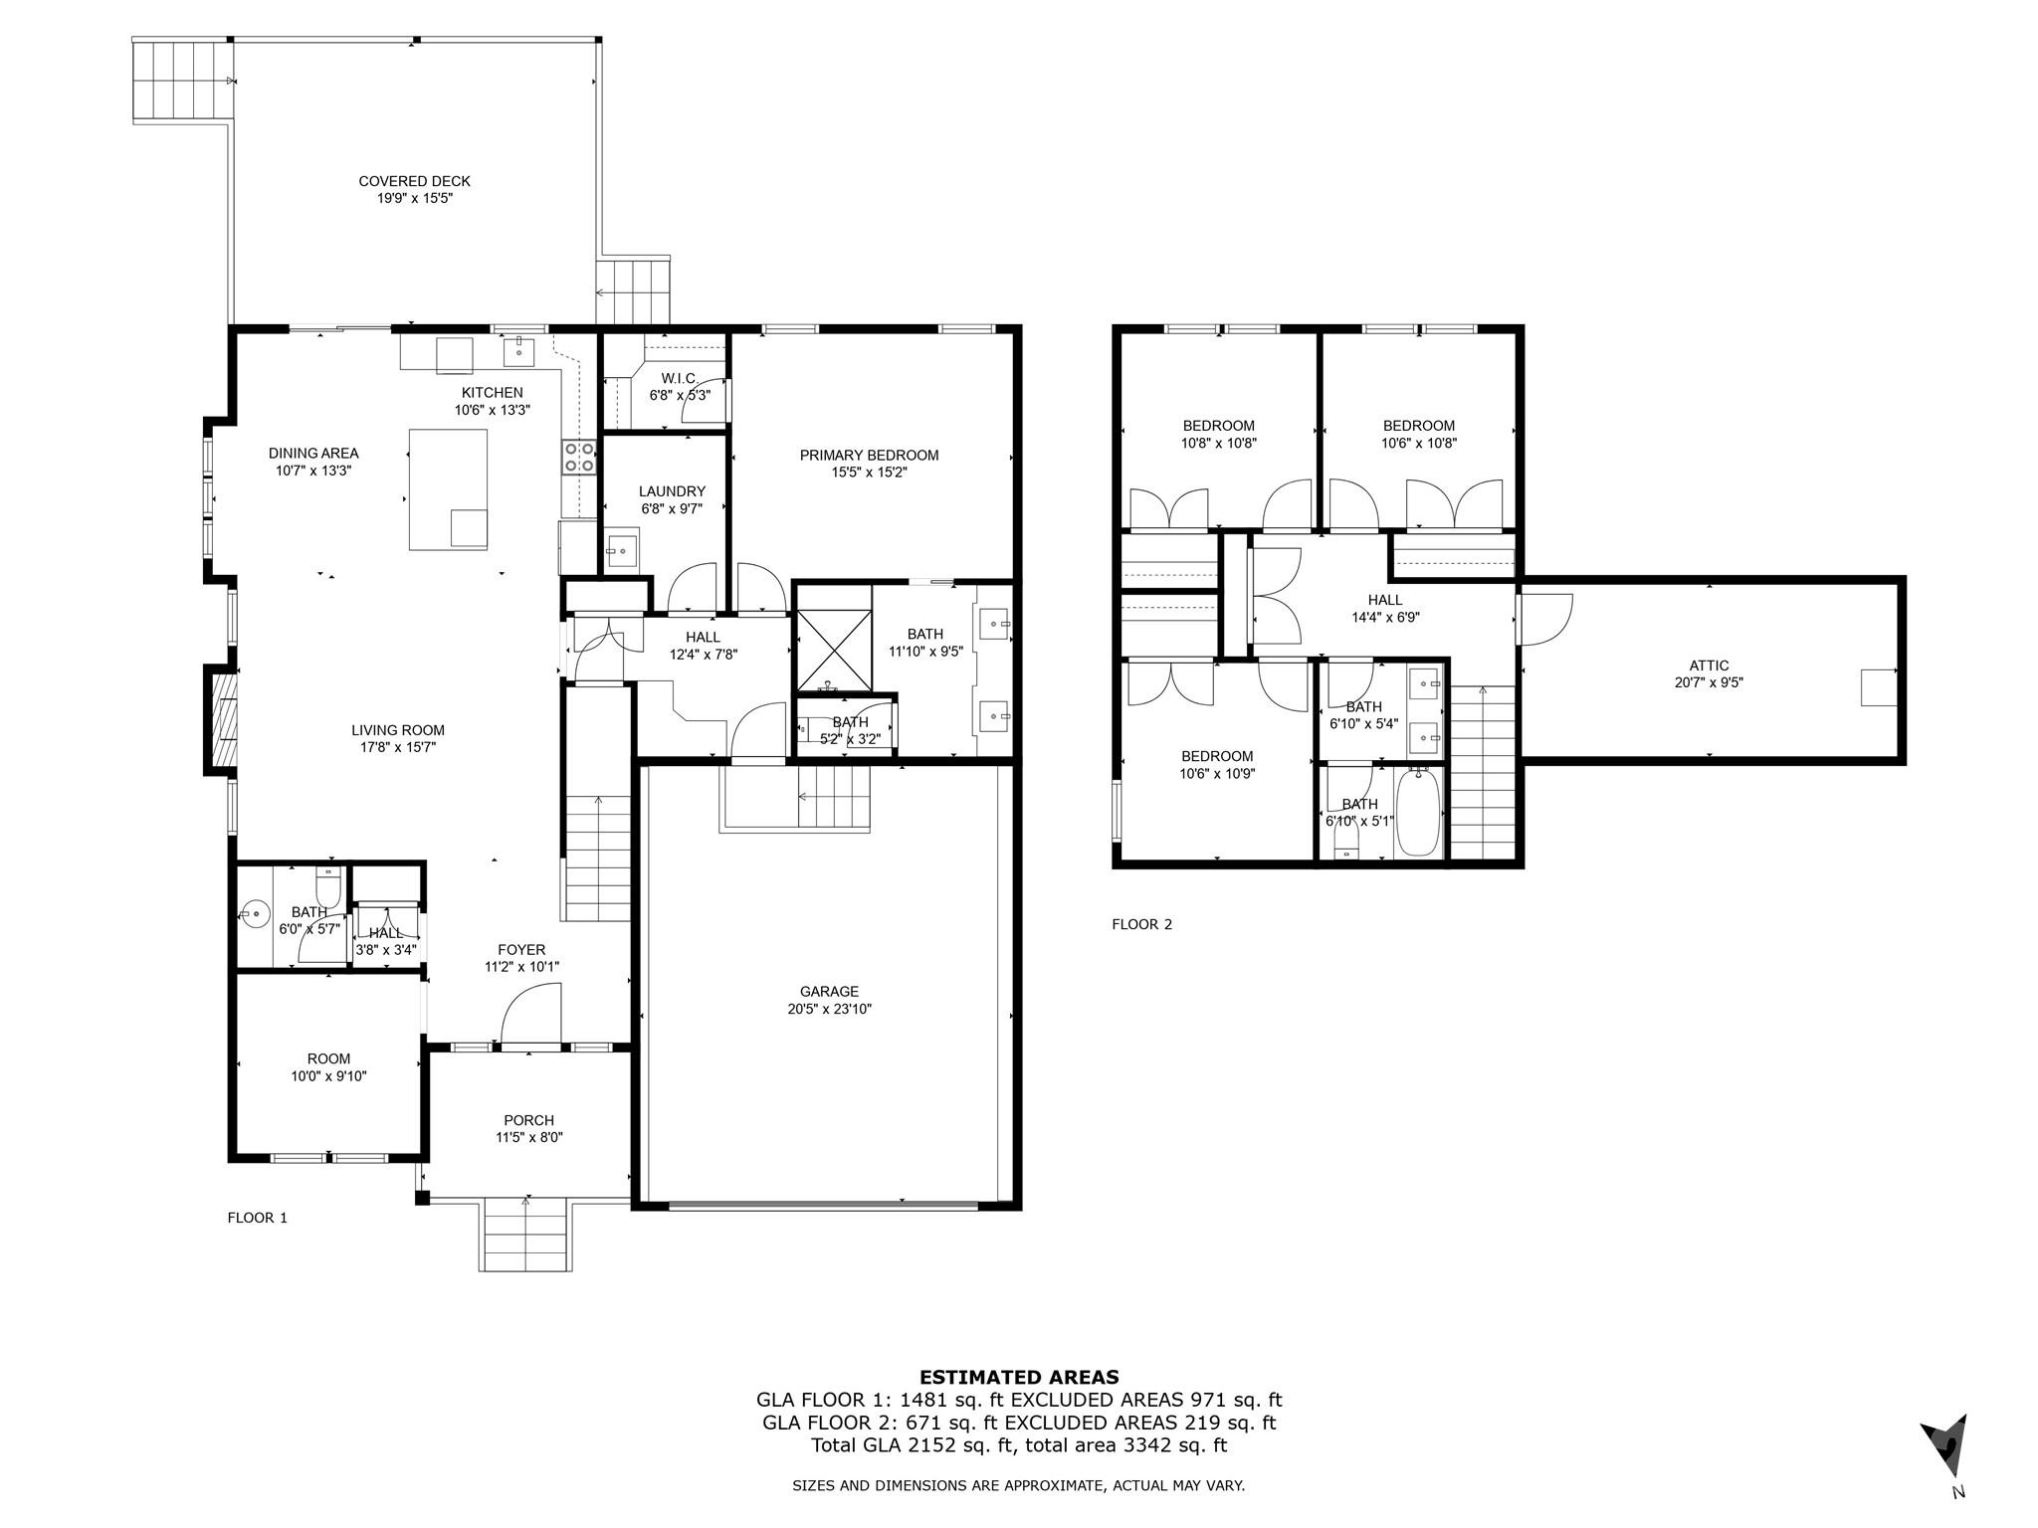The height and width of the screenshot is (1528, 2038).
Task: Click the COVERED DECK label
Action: point(414,181)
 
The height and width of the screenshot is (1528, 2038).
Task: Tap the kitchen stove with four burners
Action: point(579,457)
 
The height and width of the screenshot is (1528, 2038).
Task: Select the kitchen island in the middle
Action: point(449,488)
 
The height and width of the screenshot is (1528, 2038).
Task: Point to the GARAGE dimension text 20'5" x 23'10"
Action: point(829,1008)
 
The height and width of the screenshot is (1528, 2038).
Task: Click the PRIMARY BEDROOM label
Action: point(869,456)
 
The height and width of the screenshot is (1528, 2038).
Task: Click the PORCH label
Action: point(528,1120)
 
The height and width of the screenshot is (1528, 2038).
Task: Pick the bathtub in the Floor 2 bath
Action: point(1418,814)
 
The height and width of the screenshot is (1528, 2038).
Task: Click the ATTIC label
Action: point(1709,666)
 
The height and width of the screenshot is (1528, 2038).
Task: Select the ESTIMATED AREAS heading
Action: point(1018,1378)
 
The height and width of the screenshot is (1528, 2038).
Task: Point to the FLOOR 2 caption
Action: point(1141,924)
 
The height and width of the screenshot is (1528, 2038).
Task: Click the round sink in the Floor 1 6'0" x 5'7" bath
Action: point(256,912)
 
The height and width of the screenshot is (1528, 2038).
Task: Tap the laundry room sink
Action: point(623,550)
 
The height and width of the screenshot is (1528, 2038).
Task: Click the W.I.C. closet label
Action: point(679,378)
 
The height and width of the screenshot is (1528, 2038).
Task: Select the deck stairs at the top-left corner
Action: point(183,80)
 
